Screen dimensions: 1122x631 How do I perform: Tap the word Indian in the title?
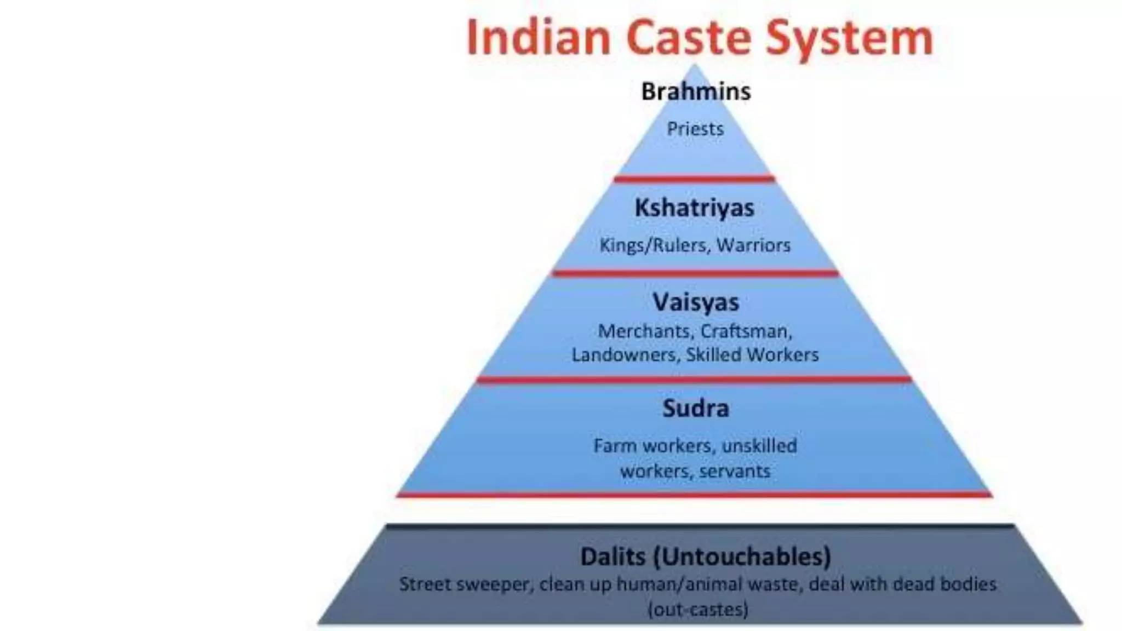pyautogui.click(x=539, y=37)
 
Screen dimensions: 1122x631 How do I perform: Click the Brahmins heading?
pyautogui.click(x=696, y=91)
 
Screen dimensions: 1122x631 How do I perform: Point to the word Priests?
pyautogui.click(x=695, y=129)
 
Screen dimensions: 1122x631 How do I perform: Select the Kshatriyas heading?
pyautogui.click(x=695, y=208)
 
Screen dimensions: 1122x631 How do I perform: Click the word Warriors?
pyautogui.click(x=753, y=245)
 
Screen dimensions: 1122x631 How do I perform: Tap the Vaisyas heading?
pyautogui.click(x=696, y=302)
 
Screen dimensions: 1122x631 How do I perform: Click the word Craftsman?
pyautogui.click(x=746, y=331)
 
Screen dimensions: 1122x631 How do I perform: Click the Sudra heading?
pyautogui.click(x=696, y=409)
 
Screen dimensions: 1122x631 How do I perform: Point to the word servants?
pyautogui.click(x=735, y=471)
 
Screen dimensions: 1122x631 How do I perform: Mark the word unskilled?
pyautogui.click(x=759, y=446)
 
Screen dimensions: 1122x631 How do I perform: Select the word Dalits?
pyautogui.click(x=613, y=557)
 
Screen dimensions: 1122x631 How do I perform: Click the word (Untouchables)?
pyautogui.click(x=742, y=557)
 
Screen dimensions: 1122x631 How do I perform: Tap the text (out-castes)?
pyautogui.click(x=698, y=609)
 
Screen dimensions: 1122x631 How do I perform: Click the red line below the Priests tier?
pyautogui.click(x=695, y=179)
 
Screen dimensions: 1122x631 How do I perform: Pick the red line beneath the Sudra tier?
pyautogui.click(x=695, y=495)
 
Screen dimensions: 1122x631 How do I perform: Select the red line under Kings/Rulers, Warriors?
pyautogui.click(x=695, y=273)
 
